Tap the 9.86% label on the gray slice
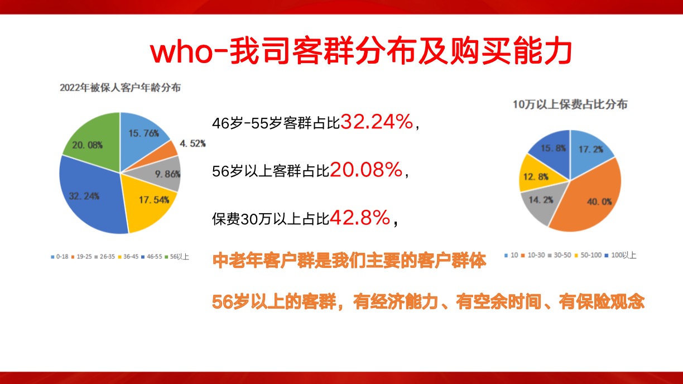point(167,174)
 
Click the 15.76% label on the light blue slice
point(143,133)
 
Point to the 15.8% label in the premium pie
point(553,148)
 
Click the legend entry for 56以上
point(177,257)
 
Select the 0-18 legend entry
point(60,257)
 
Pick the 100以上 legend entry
point(621,255)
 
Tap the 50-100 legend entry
point(588,255)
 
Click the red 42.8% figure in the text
point(360,218)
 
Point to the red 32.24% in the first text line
point(377,122)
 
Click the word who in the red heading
point(181,52)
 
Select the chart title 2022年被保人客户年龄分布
point(120,88)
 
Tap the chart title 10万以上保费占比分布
point(570,104)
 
